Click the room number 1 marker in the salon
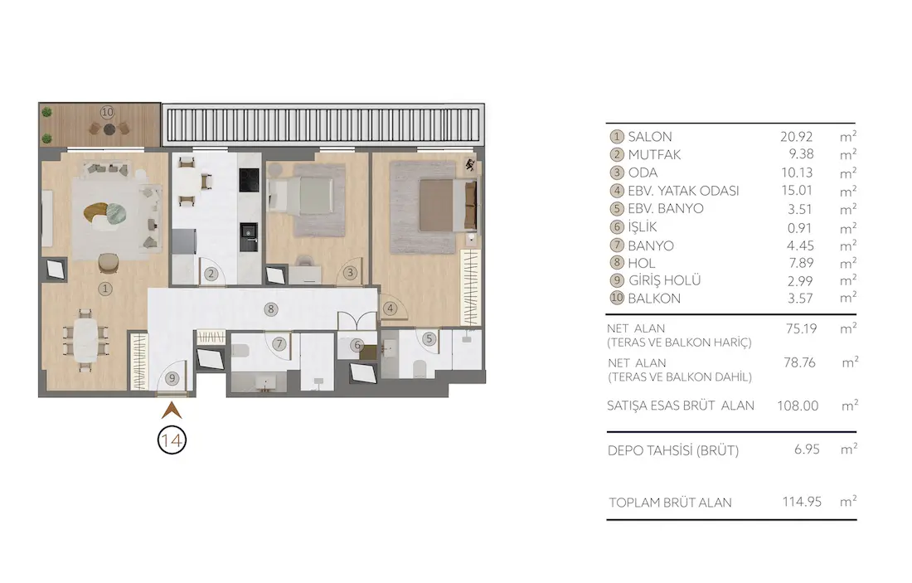click(x=105, y=289)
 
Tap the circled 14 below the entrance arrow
click(x=172, y=440)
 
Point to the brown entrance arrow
click(x=172, y=411)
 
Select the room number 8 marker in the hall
click(x=270, y=309)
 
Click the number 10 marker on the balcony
click(x=107, y=112)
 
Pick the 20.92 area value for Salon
click(x=796, y=137)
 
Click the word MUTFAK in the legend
click(x=654, y=155)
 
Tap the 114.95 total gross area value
click(x=802, y=502)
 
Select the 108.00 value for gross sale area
click(x=798, y=406)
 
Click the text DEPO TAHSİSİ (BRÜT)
click(x=673, y=450)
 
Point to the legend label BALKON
click(x=654, y=299)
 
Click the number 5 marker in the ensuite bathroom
click(x=429, y=338)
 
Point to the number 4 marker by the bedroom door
click(x=390, y=309)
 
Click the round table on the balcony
click(x=109, y=129)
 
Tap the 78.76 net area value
click(x=799, y=362)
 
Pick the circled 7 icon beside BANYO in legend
click(x=617, y=245)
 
